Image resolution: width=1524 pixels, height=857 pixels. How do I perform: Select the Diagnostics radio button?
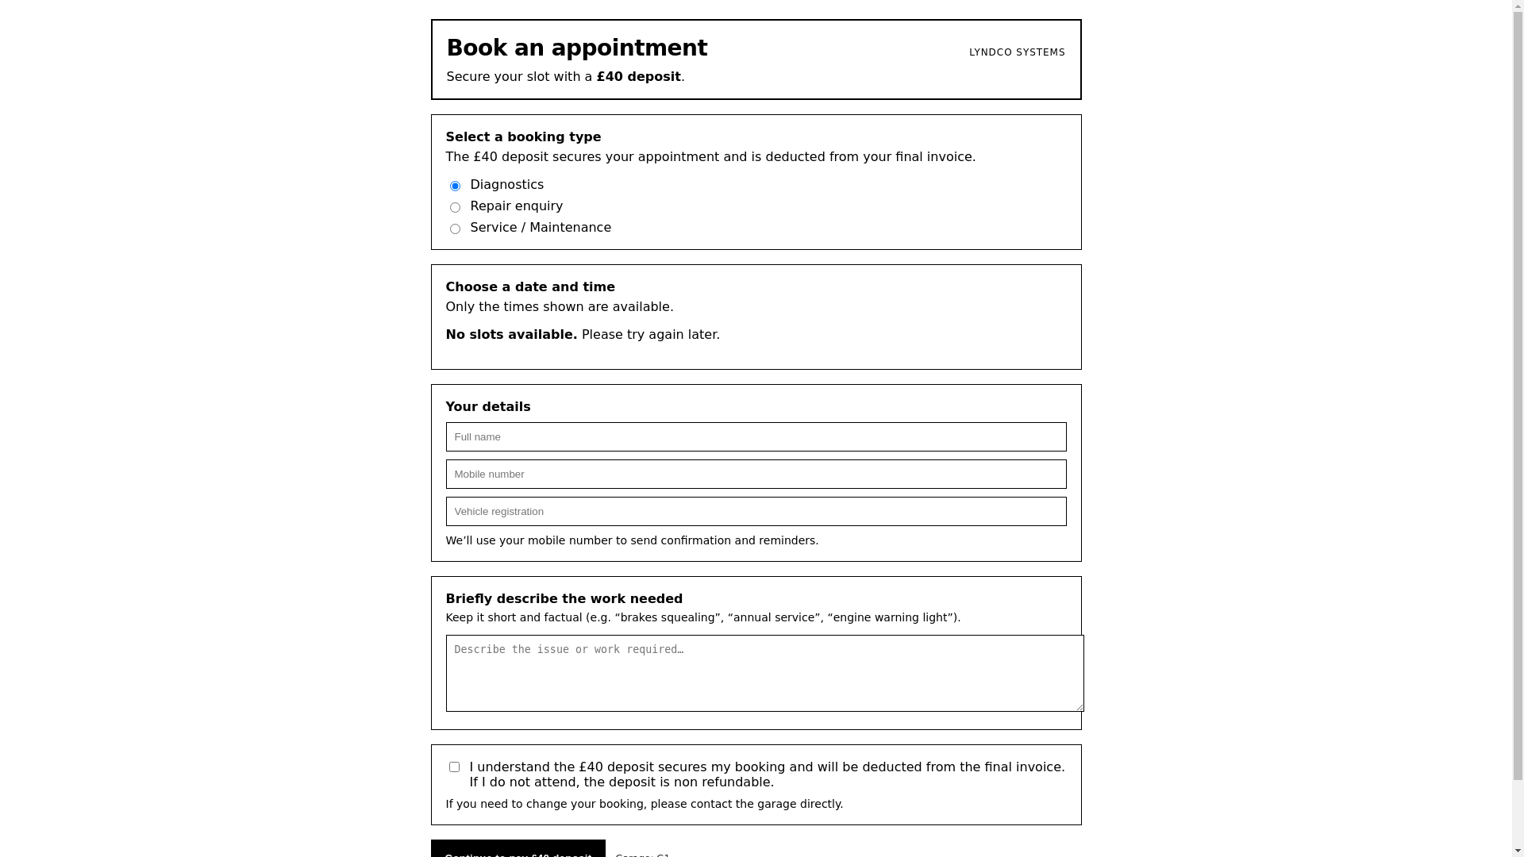tap(455, 186)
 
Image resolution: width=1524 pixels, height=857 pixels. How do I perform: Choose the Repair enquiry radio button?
tap(455, 208)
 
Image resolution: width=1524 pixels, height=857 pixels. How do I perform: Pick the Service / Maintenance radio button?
tap(455, 229)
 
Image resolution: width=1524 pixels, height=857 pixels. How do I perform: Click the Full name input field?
tap(756, 437)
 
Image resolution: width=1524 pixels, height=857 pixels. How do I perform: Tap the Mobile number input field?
tap(756, 475)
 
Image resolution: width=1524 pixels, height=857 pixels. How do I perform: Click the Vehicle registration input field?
tap(756, 512)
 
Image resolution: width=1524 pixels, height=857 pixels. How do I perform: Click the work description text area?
tap(764, 673)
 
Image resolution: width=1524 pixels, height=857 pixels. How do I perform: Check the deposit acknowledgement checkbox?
tap(454, 767)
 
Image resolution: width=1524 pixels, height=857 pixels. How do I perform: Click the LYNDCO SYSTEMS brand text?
tap(1017, 52)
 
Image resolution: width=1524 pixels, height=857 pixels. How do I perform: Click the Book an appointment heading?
tap(576, 48)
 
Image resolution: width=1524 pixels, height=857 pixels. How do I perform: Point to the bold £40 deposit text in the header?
tap(638, 77)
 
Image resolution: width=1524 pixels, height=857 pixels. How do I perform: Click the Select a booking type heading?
tap(523, 137)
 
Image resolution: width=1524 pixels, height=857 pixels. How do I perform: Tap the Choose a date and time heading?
tap(530, 287)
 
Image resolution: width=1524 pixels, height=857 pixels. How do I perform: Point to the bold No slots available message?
tap(511, 335)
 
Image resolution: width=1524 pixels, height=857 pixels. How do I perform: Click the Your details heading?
tap(487, 407)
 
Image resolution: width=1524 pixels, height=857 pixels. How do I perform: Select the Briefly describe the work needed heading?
tap(564, 599)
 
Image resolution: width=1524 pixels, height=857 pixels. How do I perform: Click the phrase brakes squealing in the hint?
tap(668, 618)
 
